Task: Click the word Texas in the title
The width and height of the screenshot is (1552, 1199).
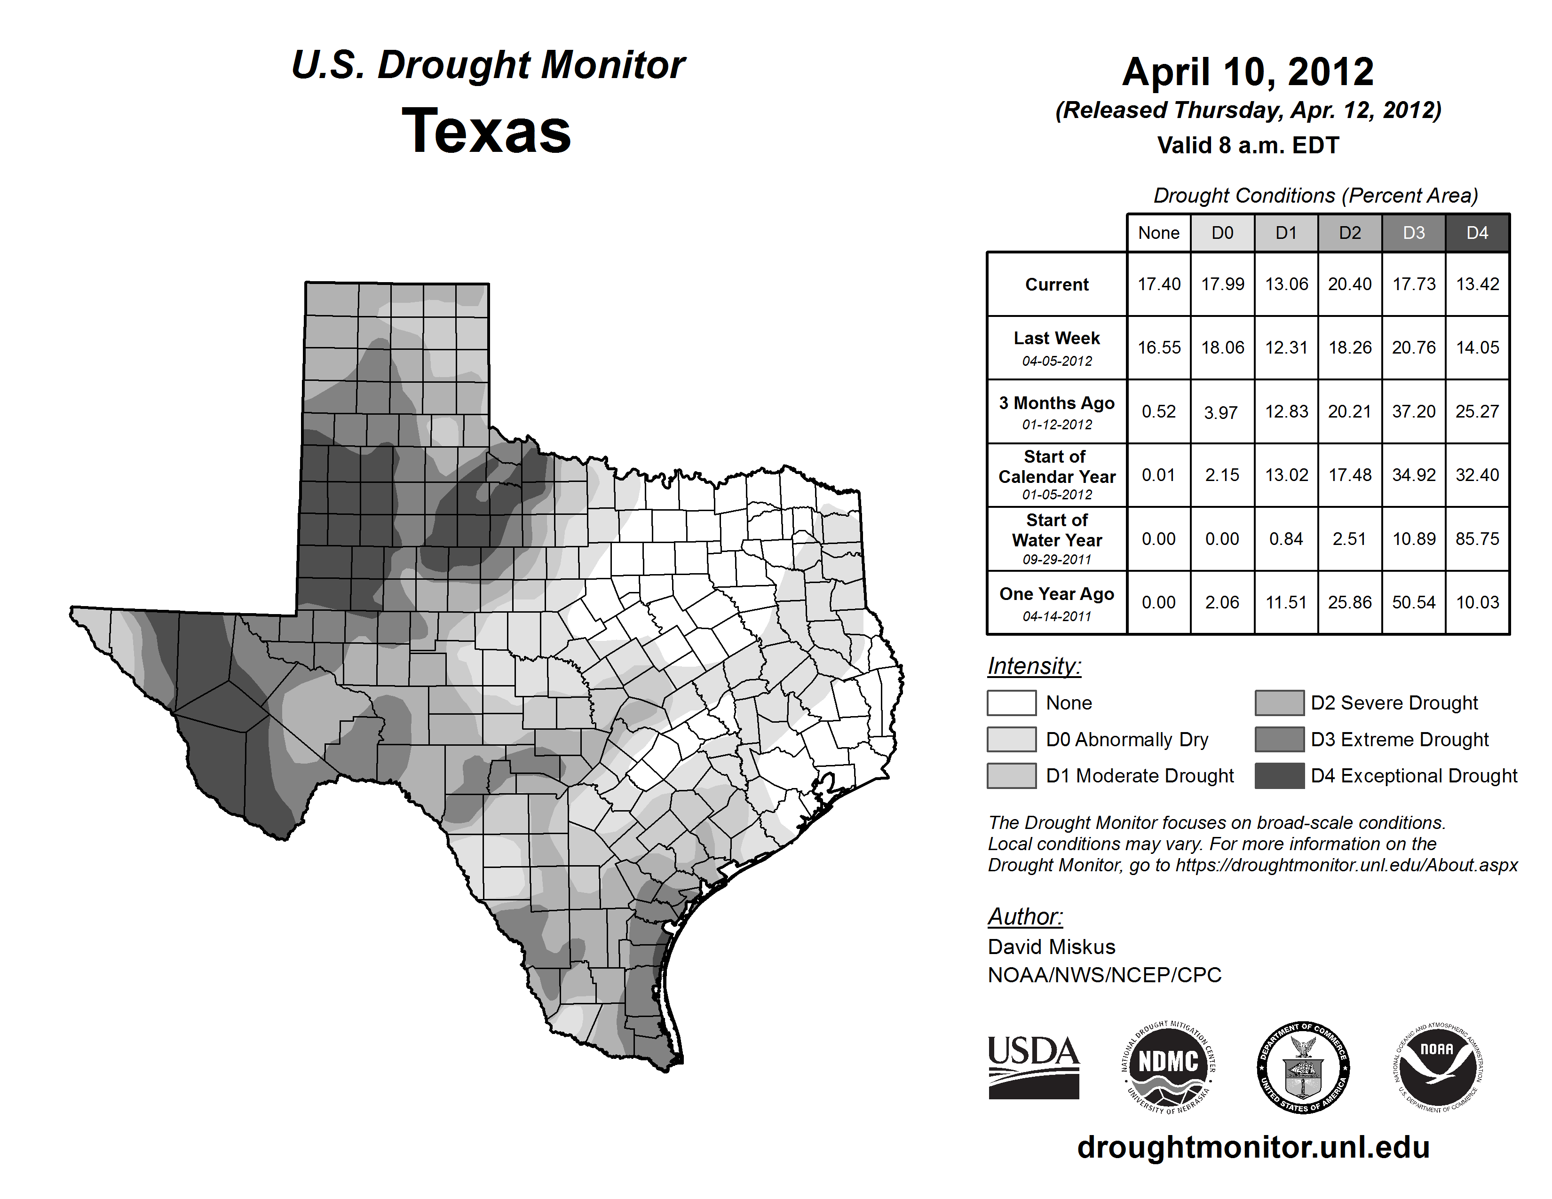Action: click(x=486, y=131)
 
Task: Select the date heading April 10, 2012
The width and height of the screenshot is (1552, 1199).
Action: click(x=1248, y=72)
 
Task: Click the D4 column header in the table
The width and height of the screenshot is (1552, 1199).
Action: click(x=1477, y=233)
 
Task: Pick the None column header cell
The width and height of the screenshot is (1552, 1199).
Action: click(x=1158, y=233)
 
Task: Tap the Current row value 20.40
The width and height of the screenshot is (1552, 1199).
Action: click(x=1349, y=284)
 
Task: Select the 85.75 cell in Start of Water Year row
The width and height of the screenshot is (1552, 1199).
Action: click(x=1477, y=539)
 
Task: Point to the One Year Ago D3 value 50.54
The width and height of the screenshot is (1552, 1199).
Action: click(x=1413, y=602)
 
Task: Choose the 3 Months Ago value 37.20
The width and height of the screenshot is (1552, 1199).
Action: click(x=1413, y=411)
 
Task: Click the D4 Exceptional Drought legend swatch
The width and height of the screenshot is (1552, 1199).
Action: click(x=1279, y=776)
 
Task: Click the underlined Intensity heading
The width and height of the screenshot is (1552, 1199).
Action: click(x=1034, y=666)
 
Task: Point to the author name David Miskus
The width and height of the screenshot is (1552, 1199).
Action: click(x=1051, y=947)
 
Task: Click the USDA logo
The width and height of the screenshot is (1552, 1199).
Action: click(x=1033, y=1067)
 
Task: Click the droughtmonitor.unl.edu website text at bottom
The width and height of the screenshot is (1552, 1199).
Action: click(x=1253, y=1147)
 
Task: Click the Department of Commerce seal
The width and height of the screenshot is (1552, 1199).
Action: click(x=1303, y=1067)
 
